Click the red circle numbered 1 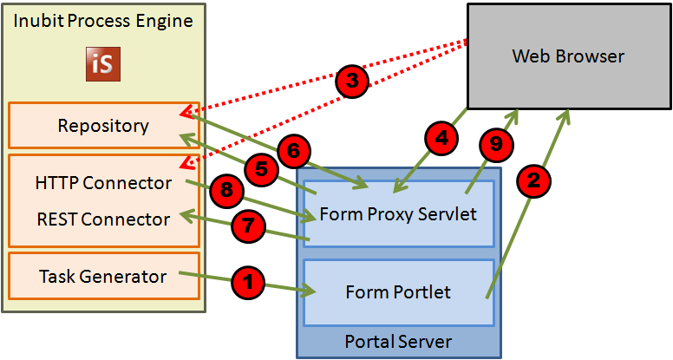point(249,282)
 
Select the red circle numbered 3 point(351,81)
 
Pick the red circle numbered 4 point(441,137)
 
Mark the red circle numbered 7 point(247,226)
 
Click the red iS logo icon point(104,65)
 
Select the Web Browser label point(568,56)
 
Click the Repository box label point(103,126)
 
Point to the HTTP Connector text point(103,183)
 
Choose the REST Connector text point(103,219)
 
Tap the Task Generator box point(103,276)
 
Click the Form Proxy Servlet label point(398,213)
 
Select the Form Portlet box point(398,292)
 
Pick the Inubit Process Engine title point(103,21)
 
